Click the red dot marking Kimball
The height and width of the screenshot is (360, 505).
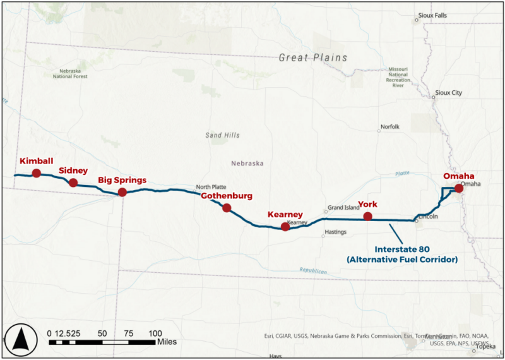tap(37, 173)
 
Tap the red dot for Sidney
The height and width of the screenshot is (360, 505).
tap(73, 183)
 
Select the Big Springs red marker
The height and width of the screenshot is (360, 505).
tap(122, 192)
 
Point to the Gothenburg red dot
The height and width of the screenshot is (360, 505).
tap(227, 208)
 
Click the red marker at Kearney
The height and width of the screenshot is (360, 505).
tap(285, 227)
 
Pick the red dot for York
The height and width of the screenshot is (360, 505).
tap(367, 217)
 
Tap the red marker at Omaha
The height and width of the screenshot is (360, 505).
tap(459, 188)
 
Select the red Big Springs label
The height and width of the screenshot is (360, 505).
tap(122, 180)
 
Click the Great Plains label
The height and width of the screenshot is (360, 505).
tap(313, 57)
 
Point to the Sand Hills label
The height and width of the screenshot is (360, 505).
tap(222, 135)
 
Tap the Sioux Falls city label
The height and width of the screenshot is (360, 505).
tap(432, 15)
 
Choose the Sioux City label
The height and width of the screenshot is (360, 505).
tap(448, 93)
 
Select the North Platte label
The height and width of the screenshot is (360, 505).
tap(211, 187)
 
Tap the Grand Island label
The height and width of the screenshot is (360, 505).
tap(343, 207)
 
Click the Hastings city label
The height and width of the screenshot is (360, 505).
tap(335, 232)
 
